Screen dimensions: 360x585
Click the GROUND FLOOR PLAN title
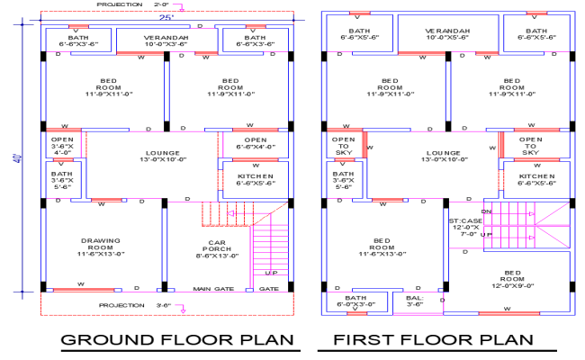(178, 339)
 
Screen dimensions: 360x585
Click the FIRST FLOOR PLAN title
(432, 339)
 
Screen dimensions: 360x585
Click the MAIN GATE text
(211, 289)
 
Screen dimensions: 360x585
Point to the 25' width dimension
(165, 17)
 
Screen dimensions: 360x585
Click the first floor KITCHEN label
(537, 179)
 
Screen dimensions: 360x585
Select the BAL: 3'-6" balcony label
(414, 301)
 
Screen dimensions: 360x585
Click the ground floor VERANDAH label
(166, 40)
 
